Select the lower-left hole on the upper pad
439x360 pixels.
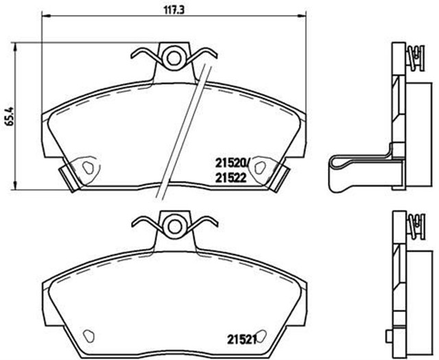(87, 167)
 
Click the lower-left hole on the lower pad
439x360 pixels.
(87, 336)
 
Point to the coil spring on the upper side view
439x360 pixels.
(414, 54)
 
